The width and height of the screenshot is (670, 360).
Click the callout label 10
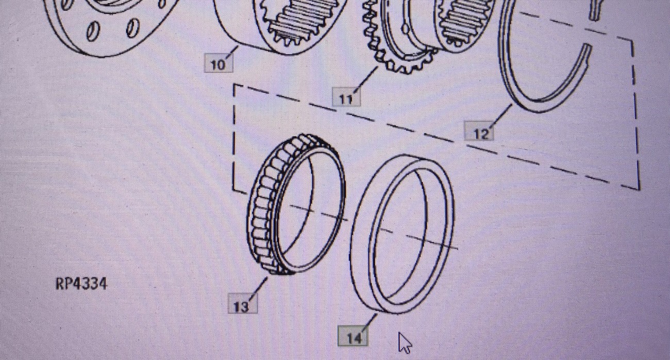pos(219,63)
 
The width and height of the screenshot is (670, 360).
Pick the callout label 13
pos(242,305)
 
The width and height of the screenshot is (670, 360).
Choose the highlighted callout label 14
pos(353,336)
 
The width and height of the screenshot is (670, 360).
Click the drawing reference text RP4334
pos(81,283)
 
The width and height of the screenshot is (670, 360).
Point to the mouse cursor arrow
pos(405,342)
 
